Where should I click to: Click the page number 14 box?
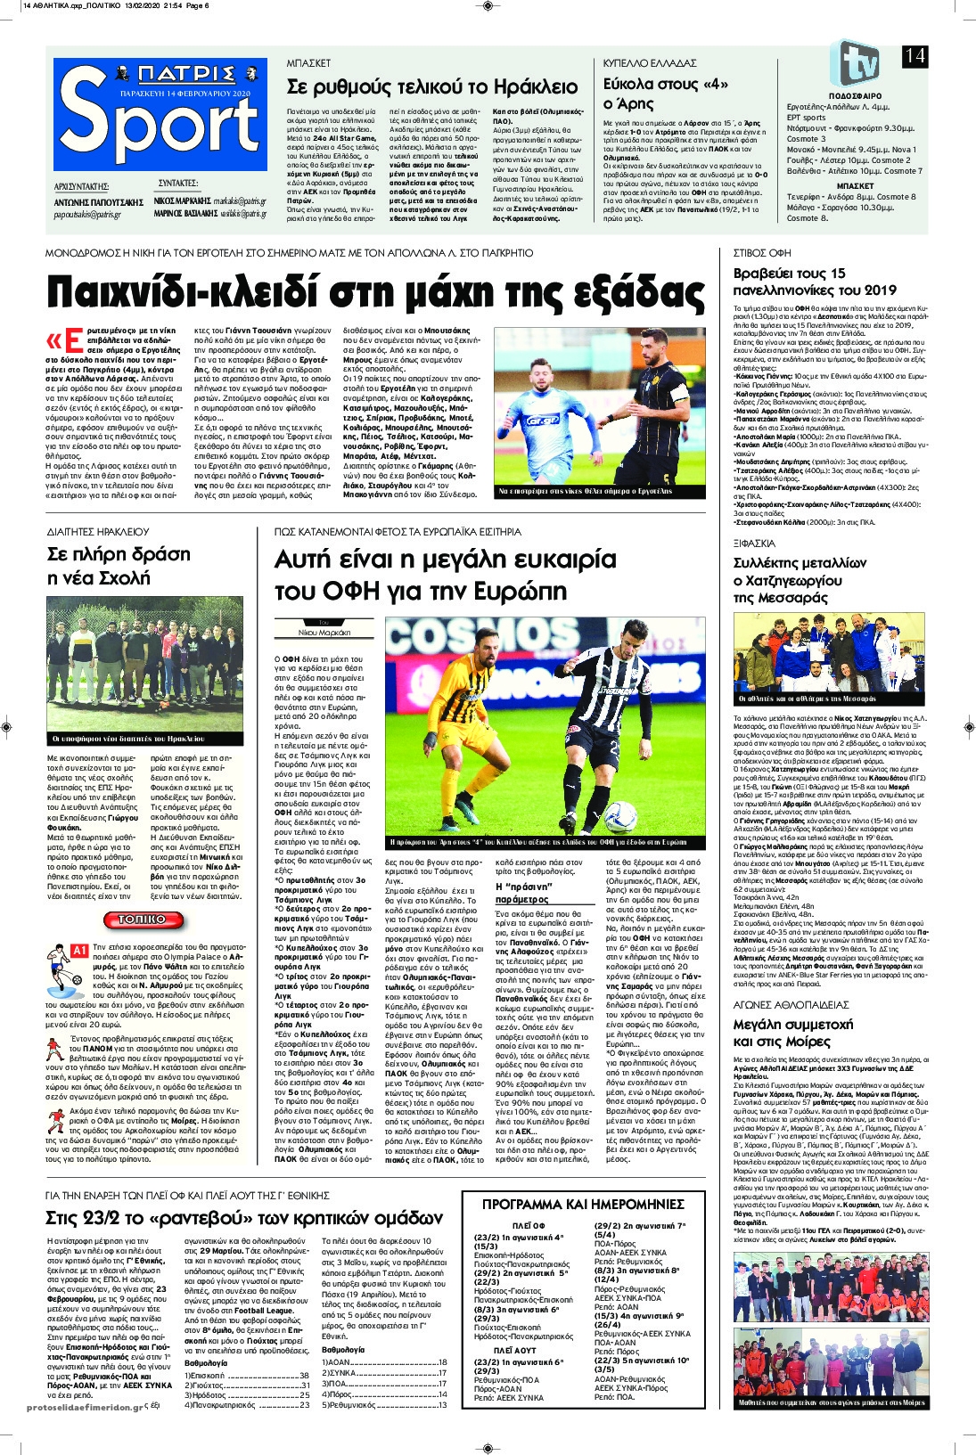pyautogui.click(x=915, y=56)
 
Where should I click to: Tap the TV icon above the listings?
pyautogui.click(x=854, y=62)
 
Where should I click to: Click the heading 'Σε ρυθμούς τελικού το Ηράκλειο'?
pyautogui.click(x=432, y=86)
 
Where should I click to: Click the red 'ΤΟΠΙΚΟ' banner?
pyautogui.click(x=142, y=920)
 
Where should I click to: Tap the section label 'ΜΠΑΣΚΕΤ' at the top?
pyautogui.click(x=308, y=64)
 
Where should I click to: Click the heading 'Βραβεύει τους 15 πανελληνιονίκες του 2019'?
pyautogui.click(x=815, y=282)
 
